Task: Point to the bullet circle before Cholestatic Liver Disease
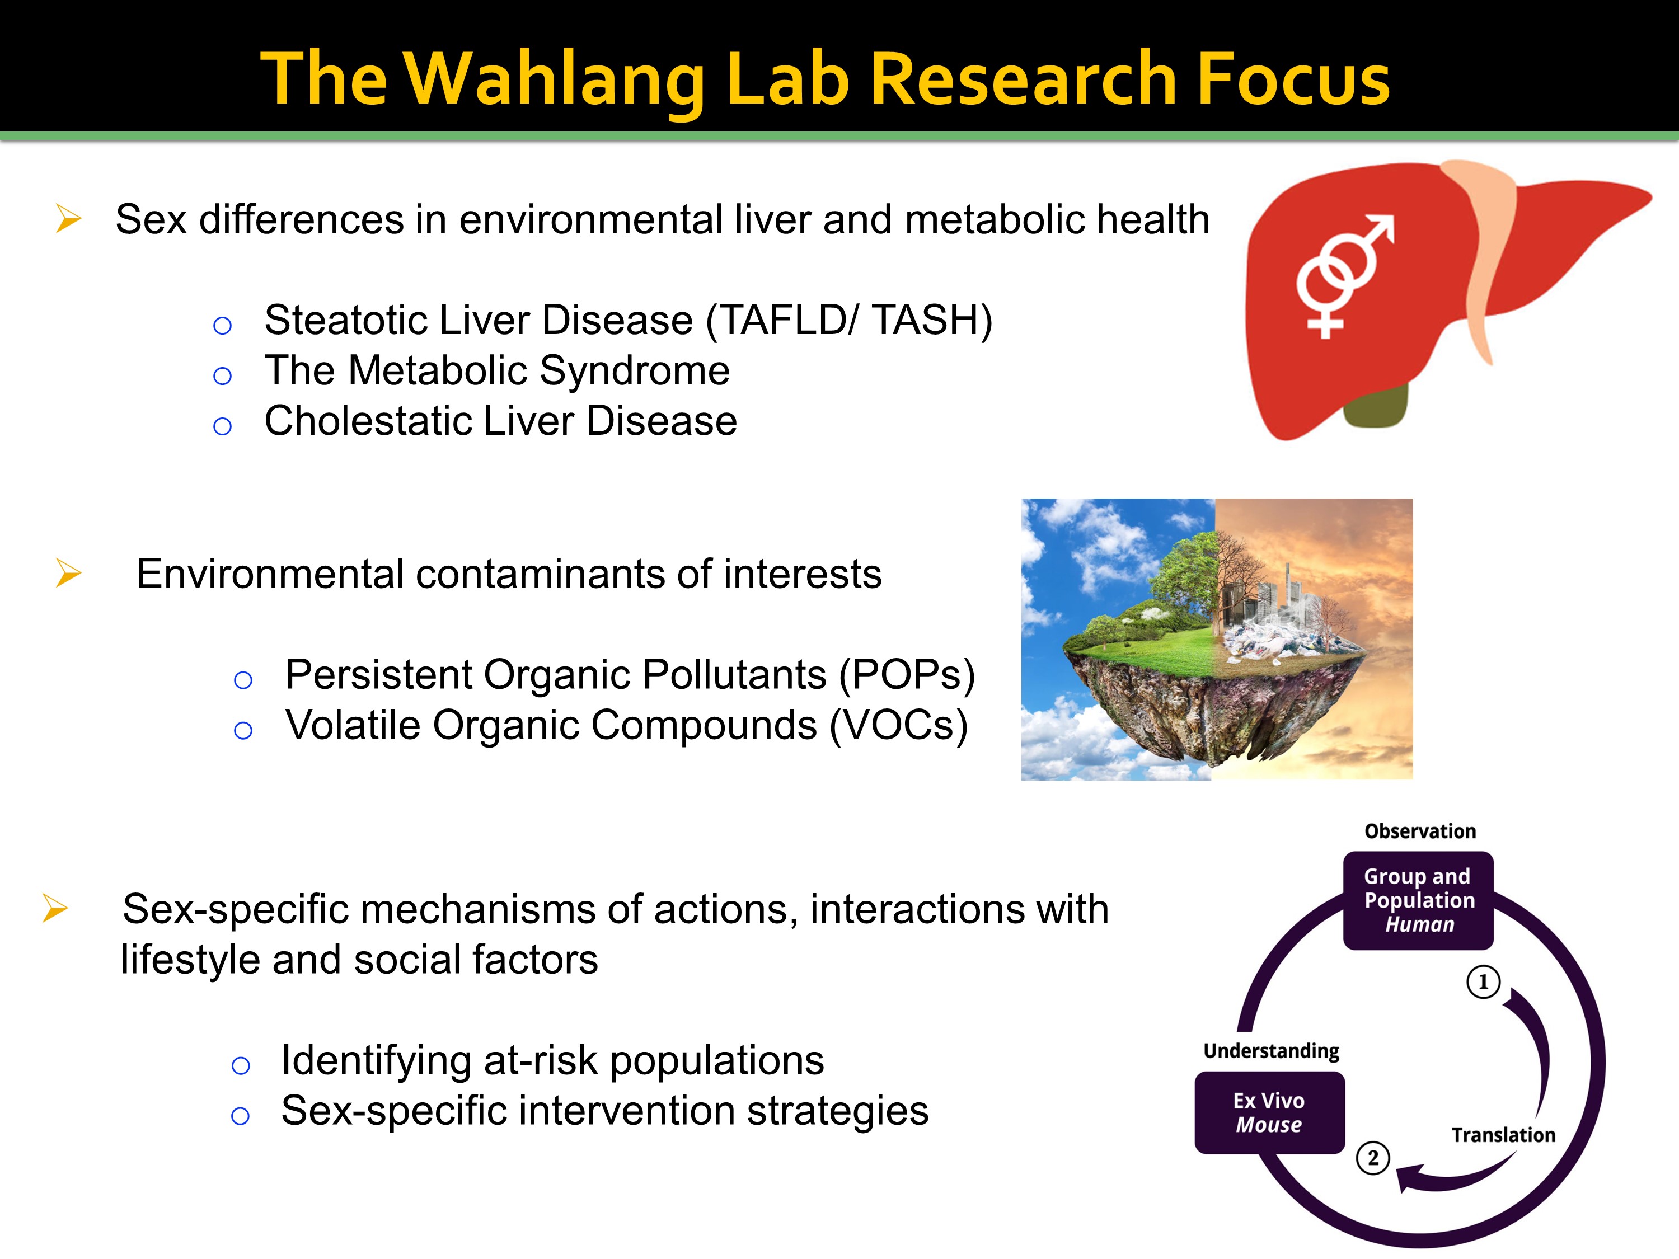(222, 426)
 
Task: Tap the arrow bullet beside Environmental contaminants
(68, 573)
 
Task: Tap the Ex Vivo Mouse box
(1269, 1112)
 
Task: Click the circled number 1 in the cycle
(1483, 982)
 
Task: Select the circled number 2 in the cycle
(1372, 1158)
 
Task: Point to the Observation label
(1420, 831)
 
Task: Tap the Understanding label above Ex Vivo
(1272, 1051)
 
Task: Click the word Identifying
(377, 1061)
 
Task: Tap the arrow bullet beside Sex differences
(68, 219)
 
